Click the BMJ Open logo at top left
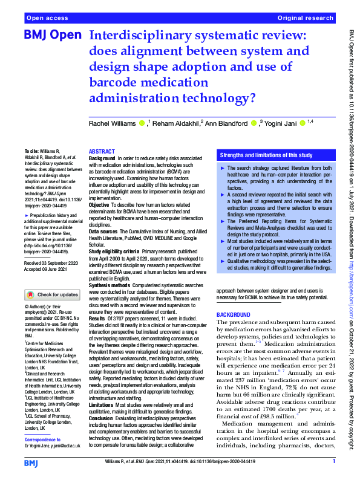pyautogui.click(x=52, y=36)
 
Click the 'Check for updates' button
pyautogui.click(x=52, y=295)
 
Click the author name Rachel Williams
pyautogui.click(x=112, y=124)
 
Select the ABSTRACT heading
pyautogui.click(x=101, y=151)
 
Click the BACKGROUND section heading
pyautogui.click(x=233, y=316)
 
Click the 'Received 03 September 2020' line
pyautogui.click(x=53, y=264)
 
